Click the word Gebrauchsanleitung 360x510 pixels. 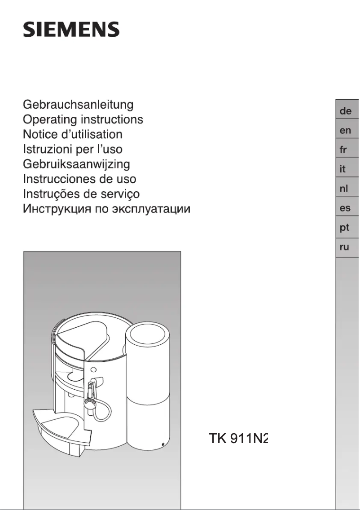tap(78, 105)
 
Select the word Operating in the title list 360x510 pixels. tap(50, 120)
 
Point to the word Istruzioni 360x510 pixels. tap(45, 149)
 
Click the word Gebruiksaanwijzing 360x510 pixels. tap(76, 164)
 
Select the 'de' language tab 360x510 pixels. tap(345, 111)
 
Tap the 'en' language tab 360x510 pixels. tap(345, 130)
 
